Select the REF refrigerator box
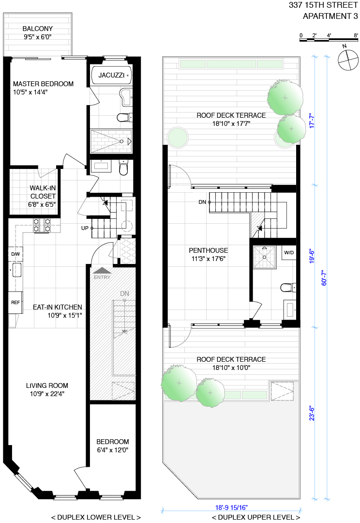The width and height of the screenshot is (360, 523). click(x=15, y=302)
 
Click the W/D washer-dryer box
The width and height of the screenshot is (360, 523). click(x=289, y=253)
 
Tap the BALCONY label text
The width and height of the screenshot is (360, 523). click(x=37, y=29)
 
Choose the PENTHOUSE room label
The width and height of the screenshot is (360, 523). click(x=208, y=250)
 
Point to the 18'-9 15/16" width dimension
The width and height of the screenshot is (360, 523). click(x=231, y=508)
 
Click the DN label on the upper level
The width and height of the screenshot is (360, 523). click(x=202, y=202)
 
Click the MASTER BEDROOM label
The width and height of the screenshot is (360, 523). click(x=43, y=84)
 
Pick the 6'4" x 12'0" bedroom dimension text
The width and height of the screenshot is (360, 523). click(x=112, y=450)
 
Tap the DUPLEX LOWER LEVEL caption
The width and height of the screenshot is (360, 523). click(x=96, y=517)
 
